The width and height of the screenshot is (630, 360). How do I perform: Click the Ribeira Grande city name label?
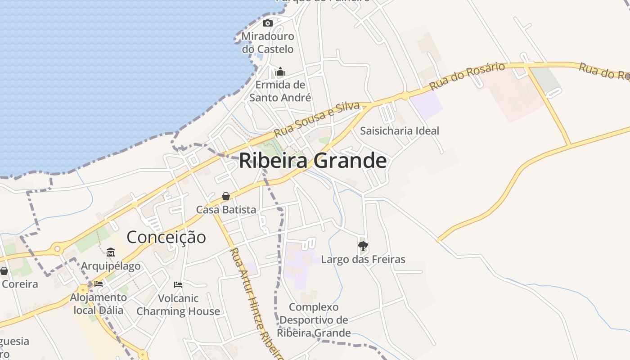tap(313, 161)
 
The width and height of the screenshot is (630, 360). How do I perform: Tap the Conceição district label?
tap(166, 237)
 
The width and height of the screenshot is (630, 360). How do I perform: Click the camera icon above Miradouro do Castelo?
tap(268, 23)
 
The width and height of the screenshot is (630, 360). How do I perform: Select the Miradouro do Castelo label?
tap(268, 43)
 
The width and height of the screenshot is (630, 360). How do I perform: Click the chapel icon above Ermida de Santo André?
tap(280, 72)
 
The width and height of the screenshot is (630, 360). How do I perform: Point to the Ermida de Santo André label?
tap(280, 91)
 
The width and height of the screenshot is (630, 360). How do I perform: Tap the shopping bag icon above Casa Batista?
tap(226, 196)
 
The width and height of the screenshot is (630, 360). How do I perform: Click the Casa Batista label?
tap(226, 210)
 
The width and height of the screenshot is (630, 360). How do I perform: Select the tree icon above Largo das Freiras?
tap(363, 246)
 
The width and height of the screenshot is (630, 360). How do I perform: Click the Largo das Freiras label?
tap(363, 260)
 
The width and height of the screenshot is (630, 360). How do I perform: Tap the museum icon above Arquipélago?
tap(111, 252)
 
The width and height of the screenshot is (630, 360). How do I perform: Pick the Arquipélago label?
tap(111, 266)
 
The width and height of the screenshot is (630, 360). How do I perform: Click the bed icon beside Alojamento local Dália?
tap(99, 284)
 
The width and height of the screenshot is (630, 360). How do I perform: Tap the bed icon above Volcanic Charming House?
tap(178, 284)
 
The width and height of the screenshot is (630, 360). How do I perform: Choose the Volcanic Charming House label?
tap(178, 305)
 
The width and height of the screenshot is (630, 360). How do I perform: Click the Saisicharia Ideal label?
tap(400, 131)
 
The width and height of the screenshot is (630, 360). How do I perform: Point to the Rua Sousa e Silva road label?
tap(317, 119)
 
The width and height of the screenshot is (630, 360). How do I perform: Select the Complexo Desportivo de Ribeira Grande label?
tap(314, 320)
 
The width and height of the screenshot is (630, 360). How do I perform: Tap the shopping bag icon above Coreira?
tap(4, 271)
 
